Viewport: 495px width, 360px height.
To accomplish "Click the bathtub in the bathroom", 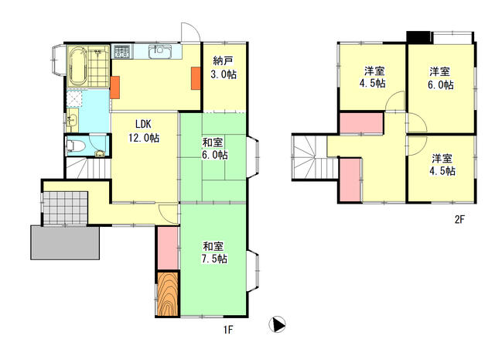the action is point(77,67).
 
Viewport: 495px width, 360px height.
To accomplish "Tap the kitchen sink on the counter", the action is point(160,51).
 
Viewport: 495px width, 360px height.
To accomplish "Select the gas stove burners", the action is point(121,51).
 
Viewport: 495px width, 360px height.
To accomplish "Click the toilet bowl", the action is point(75,146).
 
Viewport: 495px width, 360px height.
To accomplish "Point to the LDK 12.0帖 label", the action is point(144,131).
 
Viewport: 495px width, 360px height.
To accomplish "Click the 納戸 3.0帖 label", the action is point(224,67).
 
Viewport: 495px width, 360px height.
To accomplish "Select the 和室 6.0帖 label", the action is point(215,149).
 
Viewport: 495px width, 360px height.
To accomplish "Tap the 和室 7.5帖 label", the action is point(214,252).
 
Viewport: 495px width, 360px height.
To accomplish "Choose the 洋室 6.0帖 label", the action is point(441,78).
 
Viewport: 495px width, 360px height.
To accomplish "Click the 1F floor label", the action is point(228,330).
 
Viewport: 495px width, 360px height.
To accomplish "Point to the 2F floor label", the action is point(459,219).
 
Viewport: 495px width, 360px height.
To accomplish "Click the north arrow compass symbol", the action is point(277,324).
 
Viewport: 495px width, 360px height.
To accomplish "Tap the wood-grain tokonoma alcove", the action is point(169,294).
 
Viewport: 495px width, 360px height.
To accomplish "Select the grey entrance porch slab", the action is point(65,242).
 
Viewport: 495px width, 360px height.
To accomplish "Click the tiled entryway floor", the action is point(65,207).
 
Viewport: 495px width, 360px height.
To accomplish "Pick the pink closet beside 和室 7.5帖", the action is point(168,248).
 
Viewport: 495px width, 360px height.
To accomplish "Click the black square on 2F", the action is point(418,37).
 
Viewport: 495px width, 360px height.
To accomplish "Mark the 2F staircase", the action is point(316,156).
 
